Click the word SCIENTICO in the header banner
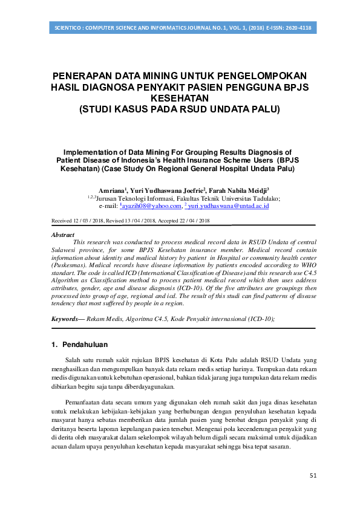point(68,28)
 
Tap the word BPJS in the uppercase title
point(293,87)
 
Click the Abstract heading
point(63,235)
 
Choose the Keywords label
point(67,318)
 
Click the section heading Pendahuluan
point(85,345)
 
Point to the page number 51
point(313,476)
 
